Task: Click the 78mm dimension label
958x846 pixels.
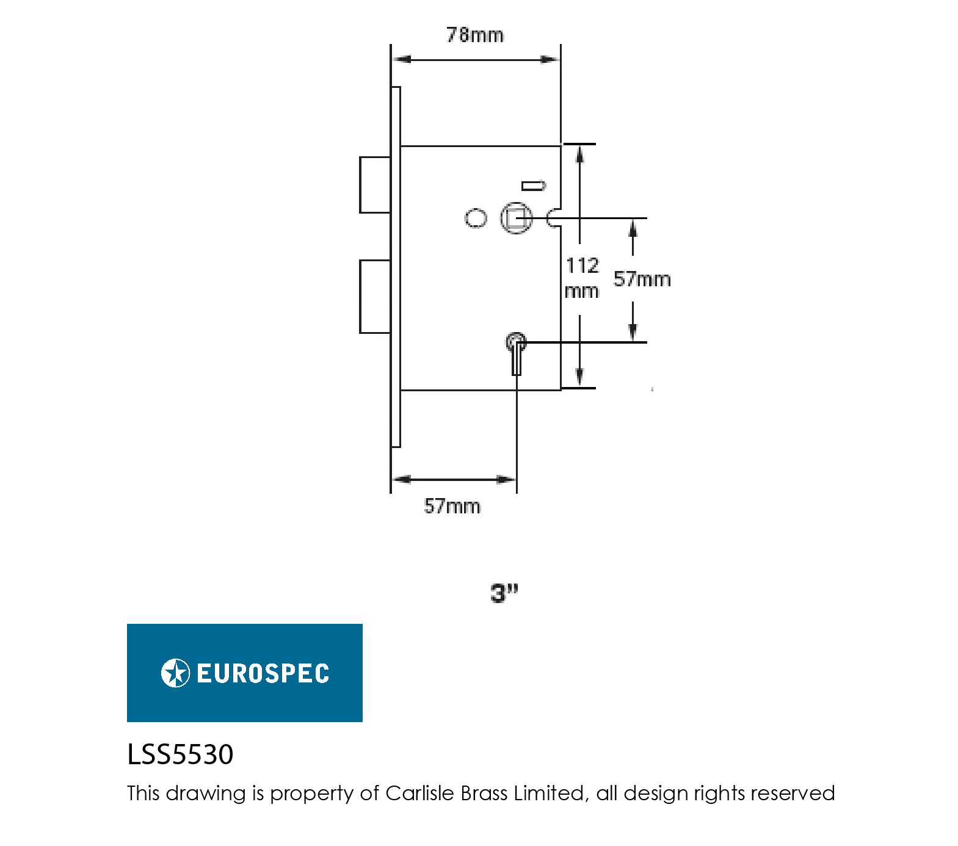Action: [475, 35]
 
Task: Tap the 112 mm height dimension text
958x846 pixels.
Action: [582, 278]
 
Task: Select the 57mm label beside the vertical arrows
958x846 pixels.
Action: [642, 279]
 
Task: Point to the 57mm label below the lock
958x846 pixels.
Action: [452, 506]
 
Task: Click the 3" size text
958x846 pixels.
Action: [504, 593]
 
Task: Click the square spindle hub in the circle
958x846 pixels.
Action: [516, 218]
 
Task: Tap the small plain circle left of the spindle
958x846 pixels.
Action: [476, 218]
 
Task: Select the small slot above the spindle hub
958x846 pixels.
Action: [533, 186]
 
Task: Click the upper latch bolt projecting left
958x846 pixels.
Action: [375, 184]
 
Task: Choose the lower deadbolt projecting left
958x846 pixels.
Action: [375, 297]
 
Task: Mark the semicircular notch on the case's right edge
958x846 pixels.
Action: [554, 218]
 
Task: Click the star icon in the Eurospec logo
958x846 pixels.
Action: [175, 673]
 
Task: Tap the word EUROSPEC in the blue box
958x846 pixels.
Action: [263, 673]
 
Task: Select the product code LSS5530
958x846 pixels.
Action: [180, 754]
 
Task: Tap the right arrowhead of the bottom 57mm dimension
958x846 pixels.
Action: [508, 479]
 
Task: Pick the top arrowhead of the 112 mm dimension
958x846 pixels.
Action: [579, 154]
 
